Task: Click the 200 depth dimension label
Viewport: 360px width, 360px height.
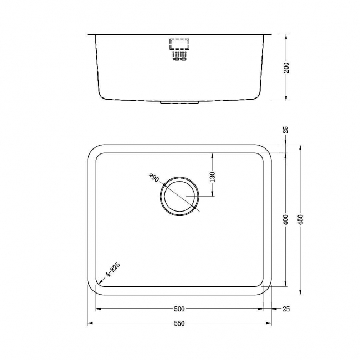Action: tap(286, 68)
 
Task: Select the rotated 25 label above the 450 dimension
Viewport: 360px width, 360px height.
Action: tap(286, 130)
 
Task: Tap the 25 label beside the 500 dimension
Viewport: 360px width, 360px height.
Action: tap(286, 308)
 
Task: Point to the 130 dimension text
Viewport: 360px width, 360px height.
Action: tap(213, 177)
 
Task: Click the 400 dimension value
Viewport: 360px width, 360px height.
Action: tap(286, 220)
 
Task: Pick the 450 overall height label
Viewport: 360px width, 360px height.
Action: tap(301, 220)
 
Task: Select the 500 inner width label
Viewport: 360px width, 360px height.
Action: tap(179, 308)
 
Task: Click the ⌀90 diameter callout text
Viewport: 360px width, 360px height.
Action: tap(154, 179)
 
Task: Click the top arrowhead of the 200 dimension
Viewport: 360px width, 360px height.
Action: tap(286, 36)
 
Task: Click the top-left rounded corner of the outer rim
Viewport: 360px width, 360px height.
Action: tap(92, 150)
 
